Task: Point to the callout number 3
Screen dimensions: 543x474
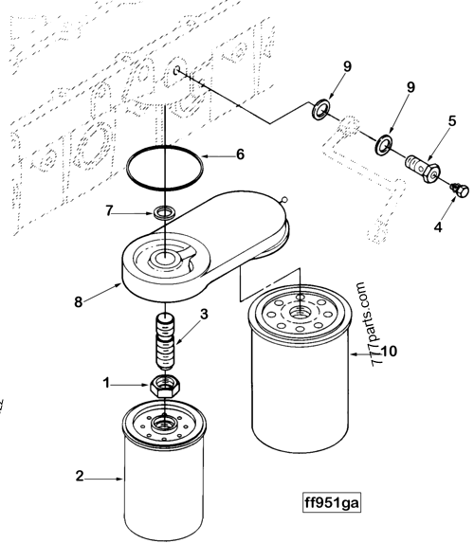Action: pos(205,314)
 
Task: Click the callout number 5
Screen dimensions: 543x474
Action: pos(453,120)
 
